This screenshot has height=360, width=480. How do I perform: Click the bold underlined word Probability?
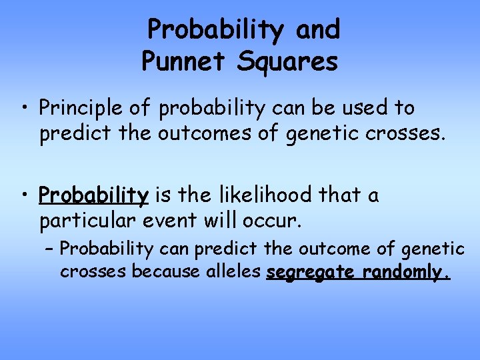93,195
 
